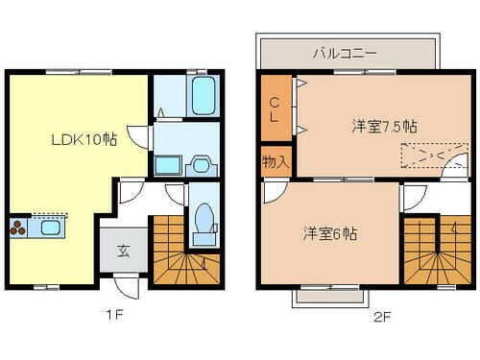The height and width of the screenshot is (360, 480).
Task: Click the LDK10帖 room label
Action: click(84, 139)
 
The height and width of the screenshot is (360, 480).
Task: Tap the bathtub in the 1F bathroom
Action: click(201, 96)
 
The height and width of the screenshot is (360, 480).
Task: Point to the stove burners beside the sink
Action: click(19, 228)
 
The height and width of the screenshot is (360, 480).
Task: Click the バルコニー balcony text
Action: click(344, 54)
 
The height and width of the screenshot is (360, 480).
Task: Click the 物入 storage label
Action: click(276, 162)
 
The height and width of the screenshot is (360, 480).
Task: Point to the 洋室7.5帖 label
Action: click(381, 127)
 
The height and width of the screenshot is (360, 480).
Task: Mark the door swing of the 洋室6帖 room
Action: click(275, 192)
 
